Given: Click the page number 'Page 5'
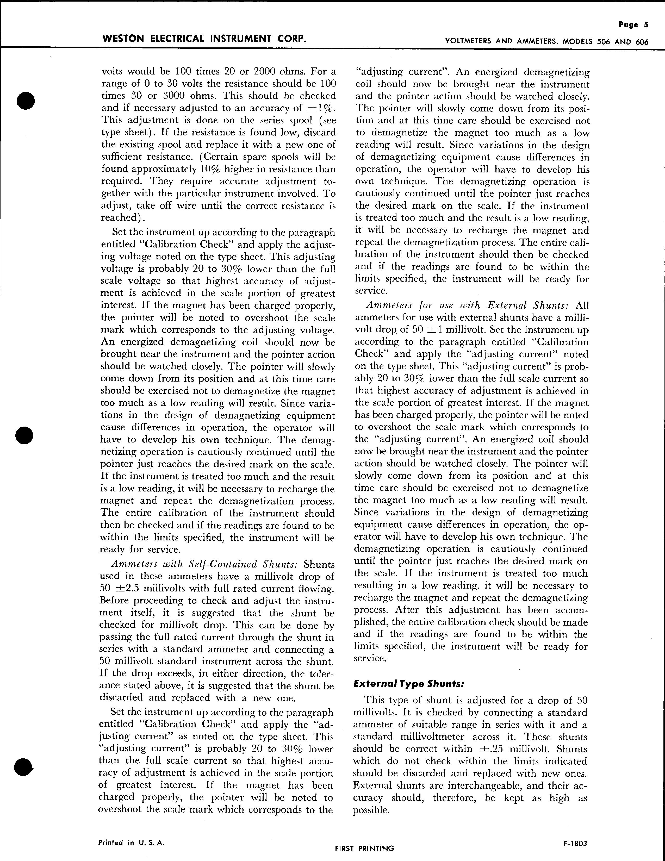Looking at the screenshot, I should pos(633,24).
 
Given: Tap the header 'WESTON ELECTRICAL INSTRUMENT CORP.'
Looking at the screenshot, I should pos(203,39).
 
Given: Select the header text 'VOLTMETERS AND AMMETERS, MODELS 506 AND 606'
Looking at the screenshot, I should pos(546,42).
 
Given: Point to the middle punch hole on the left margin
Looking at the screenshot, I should pos(25,435).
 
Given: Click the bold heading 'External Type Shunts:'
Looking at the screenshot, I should pos(408,684).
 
